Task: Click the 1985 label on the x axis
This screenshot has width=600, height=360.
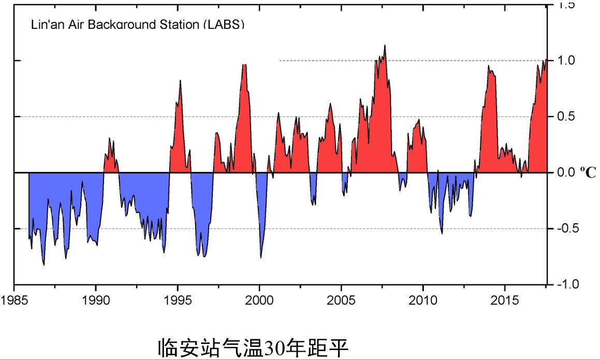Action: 13,301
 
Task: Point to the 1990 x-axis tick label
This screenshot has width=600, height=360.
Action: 96,301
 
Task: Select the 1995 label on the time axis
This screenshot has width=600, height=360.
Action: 178,301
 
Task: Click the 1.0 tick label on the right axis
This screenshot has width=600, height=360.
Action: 566,60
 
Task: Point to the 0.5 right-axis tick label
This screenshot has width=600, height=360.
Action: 566,116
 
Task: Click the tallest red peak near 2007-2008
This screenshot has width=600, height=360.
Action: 385,46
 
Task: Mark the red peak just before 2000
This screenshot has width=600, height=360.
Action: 244,65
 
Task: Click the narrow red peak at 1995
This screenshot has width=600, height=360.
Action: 180,81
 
